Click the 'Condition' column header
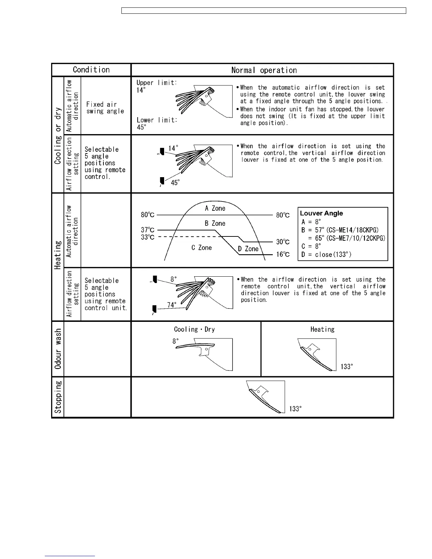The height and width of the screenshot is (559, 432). click(x=91, y=70)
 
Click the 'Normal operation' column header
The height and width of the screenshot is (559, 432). click(x=264, y=70)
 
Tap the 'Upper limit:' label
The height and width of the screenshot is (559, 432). click(x=157, y=83)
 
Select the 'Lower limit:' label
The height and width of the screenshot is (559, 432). click(x=157, y=120)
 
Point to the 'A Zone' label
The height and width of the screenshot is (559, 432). click(x=215, y=209)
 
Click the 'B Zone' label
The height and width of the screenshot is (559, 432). click(x=215, y=223)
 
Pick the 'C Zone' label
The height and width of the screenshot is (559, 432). click(x=202, y=248)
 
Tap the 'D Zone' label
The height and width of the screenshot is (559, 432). click(x=248, y=249)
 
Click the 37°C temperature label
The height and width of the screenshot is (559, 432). click(x=148, y=230)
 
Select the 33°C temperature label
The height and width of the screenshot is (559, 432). click(x=148, y=237)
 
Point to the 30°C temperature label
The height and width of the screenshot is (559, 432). click(x=283, y=242)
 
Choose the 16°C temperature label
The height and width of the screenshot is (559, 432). click(x=283, y=254)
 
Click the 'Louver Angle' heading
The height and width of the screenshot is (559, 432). click(x=321, y=213)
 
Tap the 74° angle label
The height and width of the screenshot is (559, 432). click(x=172, y=305)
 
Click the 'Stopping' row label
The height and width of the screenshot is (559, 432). click(x=58, y=397)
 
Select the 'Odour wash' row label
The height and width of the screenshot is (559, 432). click(x=58, y=349)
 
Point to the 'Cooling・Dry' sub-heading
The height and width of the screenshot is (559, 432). click(x=194, y=329)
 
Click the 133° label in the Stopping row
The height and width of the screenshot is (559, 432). click(x=295, y=409)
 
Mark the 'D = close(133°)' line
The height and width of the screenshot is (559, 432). click(x=326, y=254)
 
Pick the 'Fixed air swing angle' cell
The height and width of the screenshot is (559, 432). click(x=105, y=108)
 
